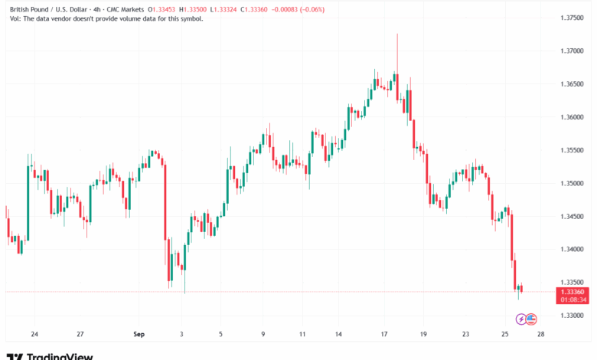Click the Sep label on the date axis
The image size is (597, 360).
[x=139, y=334]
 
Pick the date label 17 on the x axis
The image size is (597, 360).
[x=384, y=334]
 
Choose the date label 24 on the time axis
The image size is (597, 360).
[x=34, y=334]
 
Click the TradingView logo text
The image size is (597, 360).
[x=60, y=356]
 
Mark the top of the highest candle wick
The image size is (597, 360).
[x=397, y=34]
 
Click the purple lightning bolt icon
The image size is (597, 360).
[x=521, y=319]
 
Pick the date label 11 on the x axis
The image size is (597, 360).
[x=302, y=334]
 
